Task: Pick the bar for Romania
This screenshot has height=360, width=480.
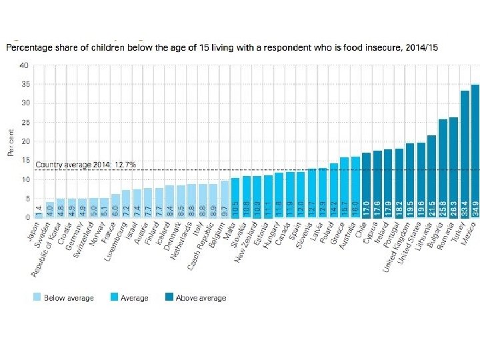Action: click(x=453, y=167)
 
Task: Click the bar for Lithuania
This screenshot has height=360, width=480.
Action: click(x=431, y=176)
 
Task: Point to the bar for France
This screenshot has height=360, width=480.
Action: click(x=115, y=205)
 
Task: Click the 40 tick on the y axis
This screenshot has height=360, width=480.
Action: click(x=25, y=65)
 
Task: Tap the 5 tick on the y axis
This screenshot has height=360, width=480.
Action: click(x=26, y=199)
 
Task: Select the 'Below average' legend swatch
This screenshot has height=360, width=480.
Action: click(x=38, y=297)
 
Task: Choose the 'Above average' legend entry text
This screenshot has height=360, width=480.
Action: click(x=201, y=298)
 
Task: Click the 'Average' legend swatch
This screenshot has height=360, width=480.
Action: click(x=114, y=297)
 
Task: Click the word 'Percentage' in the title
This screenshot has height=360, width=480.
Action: click(x=26, y=48)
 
